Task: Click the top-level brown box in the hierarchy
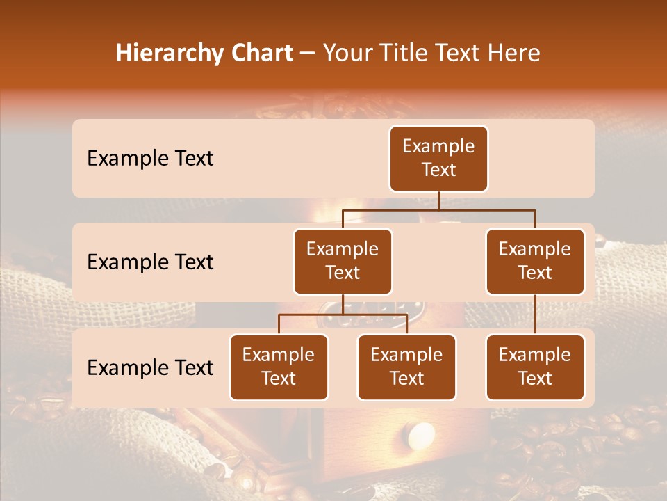tap(438, 159)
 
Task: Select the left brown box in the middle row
tap(343, 262)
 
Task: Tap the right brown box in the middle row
tap(535, 262)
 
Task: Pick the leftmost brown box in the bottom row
tap(279, 367)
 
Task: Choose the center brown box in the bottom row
tap(406, 367)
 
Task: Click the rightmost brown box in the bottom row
tap(535, 367)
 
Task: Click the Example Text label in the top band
tap(150, 159)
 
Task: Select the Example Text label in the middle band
tap(150, 262)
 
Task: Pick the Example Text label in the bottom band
tap(150, 368)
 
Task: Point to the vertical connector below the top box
tap(438, 200)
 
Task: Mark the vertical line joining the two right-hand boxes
tap(535, 315)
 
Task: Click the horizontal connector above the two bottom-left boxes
tap(343, 314)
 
